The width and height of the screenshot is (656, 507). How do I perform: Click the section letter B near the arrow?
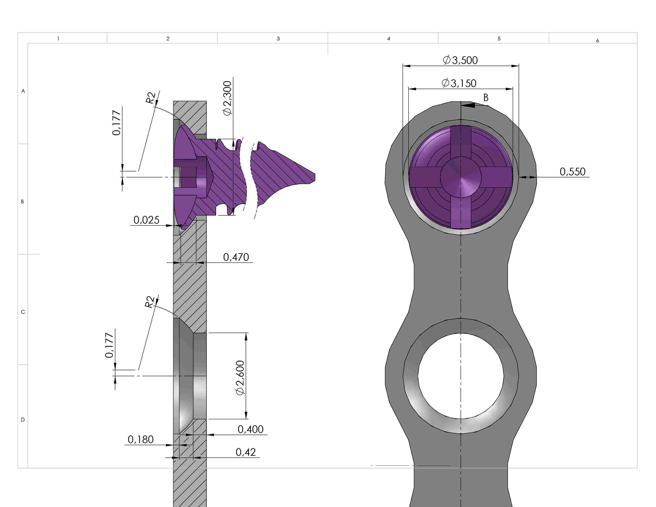click(x=486, y=98)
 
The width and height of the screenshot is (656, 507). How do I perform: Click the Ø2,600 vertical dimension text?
click(x=240, y=378)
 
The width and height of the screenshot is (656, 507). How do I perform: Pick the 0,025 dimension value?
click(x=146, y=220)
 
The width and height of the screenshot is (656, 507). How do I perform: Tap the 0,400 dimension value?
click(x=250, y=429)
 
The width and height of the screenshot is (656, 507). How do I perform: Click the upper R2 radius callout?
click(x=151, y=98)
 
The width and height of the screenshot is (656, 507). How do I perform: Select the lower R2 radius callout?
click(x=150, y=302)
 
